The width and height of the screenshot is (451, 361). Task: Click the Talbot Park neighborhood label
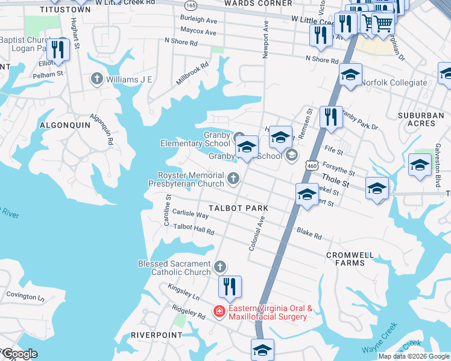(238, 208)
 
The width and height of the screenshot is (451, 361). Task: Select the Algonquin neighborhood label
(65, 125)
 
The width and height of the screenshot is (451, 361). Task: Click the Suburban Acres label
(425, 119)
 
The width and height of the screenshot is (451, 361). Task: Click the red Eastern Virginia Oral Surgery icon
(219, 312)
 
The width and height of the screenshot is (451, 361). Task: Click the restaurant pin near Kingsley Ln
(229, 288)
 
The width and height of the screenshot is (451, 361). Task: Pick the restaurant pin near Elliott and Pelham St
(58, 49)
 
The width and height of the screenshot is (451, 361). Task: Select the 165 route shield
(191, 5)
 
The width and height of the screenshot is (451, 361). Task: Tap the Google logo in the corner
(19, 354)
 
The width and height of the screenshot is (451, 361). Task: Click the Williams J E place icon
(96, 79)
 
